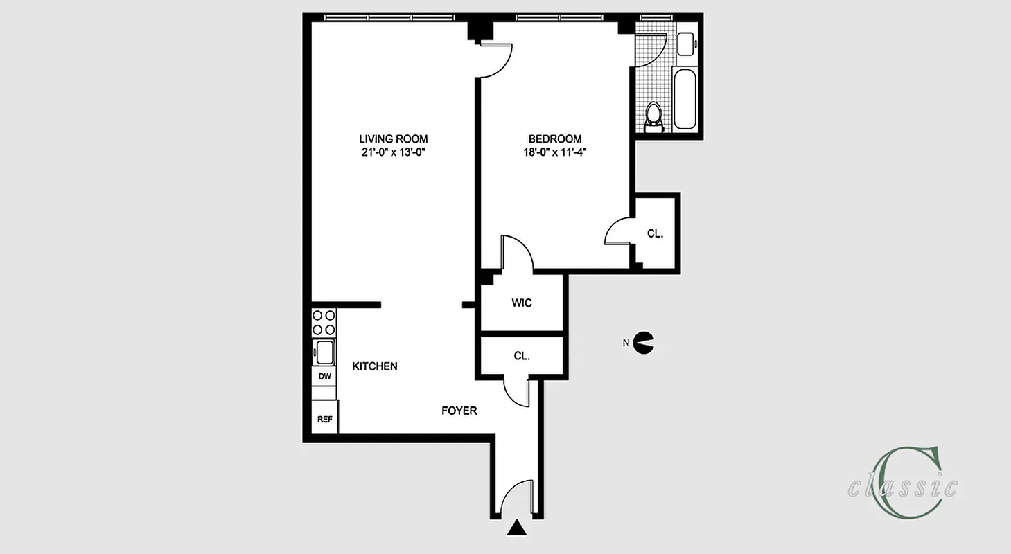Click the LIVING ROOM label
click(x=393, y=138)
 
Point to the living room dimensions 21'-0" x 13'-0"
click(x=392, y=153)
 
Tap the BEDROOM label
click(x=555, y=138)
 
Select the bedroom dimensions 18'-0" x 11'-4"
click(x=555, y=153)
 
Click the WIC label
click(x=522, y=303)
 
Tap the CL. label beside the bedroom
click(x=655, y=234)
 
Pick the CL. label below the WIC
click(x=522, y=356)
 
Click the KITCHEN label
click(x=375, y=366)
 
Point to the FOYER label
click(x=459, y=411)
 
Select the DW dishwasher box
click(x=324, y=376)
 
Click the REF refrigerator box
click(x=324, y=420)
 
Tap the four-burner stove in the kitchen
click(x=324, y=323)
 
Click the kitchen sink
click(x=324, y=351)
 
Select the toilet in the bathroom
click(x=653, y=117)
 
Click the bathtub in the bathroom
click(x=685, y=98)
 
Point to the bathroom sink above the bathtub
click(x=687, y=44)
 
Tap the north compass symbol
click(x=644, y=341)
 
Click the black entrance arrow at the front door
click(x=515, y=528)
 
